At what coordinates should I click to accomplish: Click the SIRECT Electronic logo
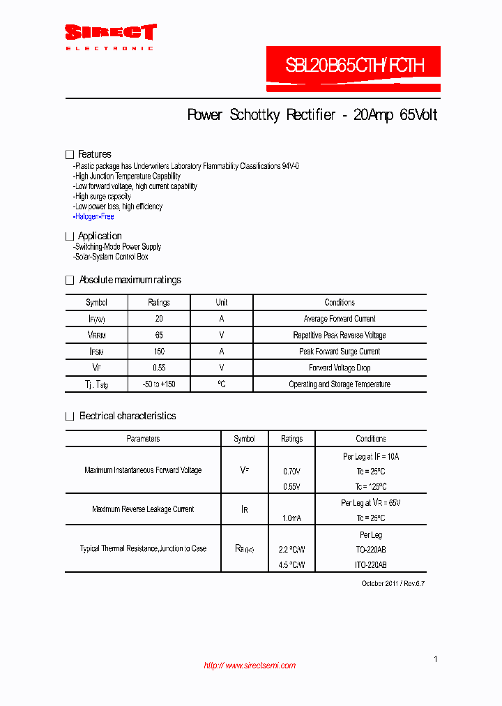click(x=110, y=36)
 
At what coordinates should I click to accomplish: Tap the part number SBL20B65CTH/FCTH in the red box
click(x=353, y=66)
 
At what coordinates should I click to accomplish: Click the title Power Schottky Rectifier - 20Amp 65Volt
click(x=312, y=115)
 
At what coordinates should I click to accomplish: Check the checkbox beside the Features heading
click(x=70, y=154)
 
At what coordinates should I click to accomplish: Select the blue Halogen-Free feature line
click(x=94, y=216)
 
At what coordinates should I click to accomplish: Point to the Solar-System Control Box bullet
click(x=112, y=257)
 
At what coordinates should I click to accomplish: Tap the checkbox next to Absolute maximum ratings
click(x=70, y=280)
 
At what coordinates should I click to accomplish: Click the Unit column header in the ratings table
click(x=221, y=303)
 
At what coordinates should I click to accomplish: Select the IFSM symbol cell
click(x=96, y=352)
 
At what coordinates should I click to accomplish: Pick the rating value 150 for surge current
click(x=159, y=352)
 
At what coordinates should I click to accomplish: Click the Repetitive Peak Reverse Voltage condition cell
click(x=340, y=336)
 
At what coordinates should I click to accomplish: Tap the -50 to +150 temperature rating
click(x=159, y=384)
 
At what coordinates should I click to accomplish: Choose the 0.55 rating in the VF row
click(x=159, y=368)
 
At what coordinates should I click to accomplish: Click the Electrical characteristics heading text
click(x=128, y=416)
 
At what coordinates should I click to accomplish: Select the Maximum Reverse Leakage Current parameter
click(x=143, y=509)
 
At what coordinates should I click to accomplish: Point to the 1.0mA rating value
click(x=291, y=518)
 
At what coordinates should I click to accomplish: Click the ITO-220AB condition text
click(x=370, y=564)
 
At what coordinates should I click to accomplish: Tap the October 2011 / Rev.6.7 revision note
click(x=393, y=583)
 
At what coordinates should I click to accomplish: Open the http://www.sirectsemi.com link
click(x=250, y=666)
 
